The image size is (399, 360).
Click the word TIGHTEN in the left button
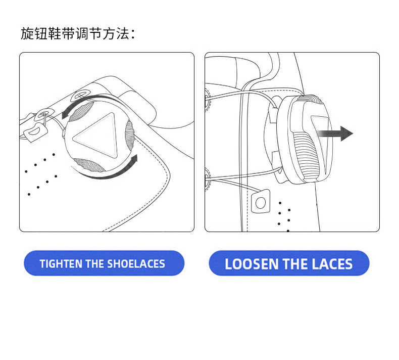(61, 264)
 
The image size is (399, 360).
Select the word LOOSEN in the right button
(252, 264)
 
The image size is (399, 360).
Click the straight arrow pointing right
(335, 133)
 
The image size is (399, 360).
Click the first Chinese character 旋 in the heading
(27, 33)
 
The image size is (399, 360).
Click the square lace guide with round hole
(261, 202)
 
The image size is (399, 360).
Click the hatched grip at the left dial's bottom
(88, 165)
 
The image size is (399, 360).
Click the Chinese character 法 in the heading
(123, 33)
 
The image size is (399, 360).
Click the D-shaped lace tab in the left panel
(36, 132)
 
